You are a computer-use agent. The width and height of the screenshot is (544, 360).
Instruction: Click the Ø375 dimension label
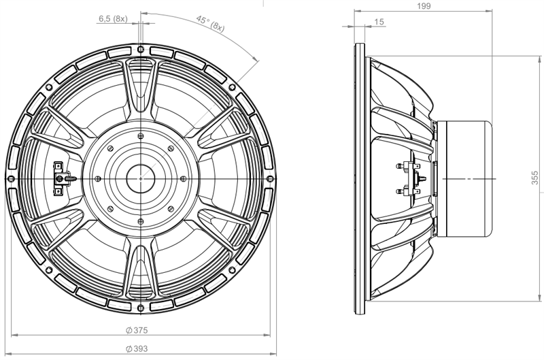coord(137,330)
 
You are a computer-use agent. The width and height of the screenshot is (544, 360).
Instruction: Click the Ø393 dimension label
coord(137,348)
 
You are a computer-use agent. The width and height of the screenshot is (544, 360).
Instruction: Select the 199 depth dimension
coord(424,6)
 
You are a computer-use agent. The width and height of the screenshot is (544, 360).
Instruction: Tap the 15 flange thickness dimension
coord(379,22)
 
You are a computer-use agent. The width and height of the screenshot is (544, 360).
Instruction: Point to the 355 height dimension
coord(535,177)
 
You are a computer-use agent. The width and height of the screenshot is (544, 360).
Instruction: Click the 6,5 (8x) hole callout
coord(113,19)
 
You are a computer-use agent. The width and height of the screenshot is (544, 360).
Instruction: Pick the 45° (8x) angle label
coord(210,23)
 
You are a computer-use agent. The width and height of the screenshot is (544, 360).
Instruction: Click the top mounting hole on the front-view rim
coord(141,49)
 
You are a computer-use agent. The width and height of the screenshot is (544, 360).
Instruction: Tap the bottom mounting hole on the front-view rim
coord(141,308)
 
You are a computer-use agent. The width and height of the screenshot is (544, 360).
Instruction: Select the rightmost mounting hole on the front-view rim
coord(270,178)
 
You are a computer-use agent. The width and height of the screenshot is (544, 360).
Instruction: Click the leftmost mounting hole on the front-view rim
coord(11,178)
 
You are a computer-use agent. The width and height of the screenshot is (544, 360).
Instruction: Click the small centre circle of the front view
coord(141,178)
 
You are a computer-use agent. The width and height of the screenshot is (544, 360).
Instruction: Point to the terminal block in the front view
coord(60,178)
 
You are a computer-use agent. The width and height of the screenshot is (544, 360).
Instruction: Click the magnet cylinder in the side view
coord(464,178)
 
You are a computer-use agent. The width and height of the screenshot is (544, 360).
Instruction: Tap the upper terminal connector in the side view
coord(408,166)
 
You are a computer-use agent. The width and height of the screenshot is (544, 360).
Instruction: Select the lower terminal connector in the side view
coord(408,191)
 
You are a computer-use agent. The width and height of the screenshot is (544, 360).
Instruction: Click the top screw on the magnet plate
coord(141,135)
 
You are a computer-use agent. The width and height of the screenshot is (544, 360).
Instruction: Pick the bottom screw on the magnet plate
coord(141,221)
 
